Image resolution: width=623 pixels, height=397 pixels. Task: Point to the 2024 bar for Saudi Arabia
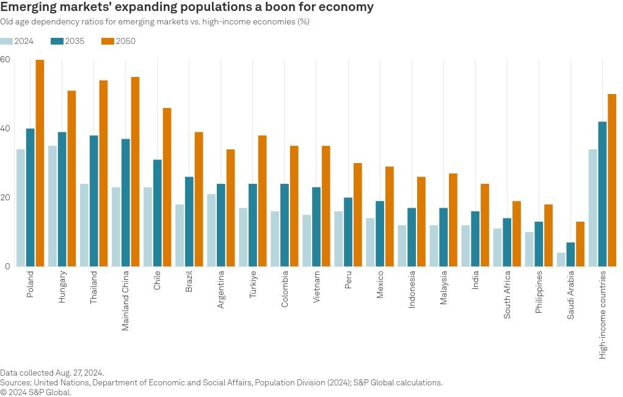pyautogui.click(x=561, y=260)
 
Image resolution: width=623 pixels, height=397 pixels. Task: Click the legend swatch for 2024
pyautogui.click(x=7, y=42)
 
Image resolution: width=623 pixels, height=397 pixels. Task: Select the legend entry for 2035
pyautogui.click(x=67, y=42)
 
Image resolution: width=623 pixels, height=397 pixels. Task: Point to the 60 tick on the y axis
pyautogui.click(x=5, y=60)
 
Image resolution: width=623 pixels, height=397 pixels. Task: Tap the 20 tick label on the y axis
pyautogui.click(x=5, y=198)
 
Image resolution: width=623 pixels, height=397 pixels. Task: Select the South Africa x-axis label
pyautogui.click(x=507, y=295)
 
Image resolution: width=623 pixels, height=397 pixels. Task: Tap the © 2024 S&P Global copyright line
pyautogui.click(x=36, y=392)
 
